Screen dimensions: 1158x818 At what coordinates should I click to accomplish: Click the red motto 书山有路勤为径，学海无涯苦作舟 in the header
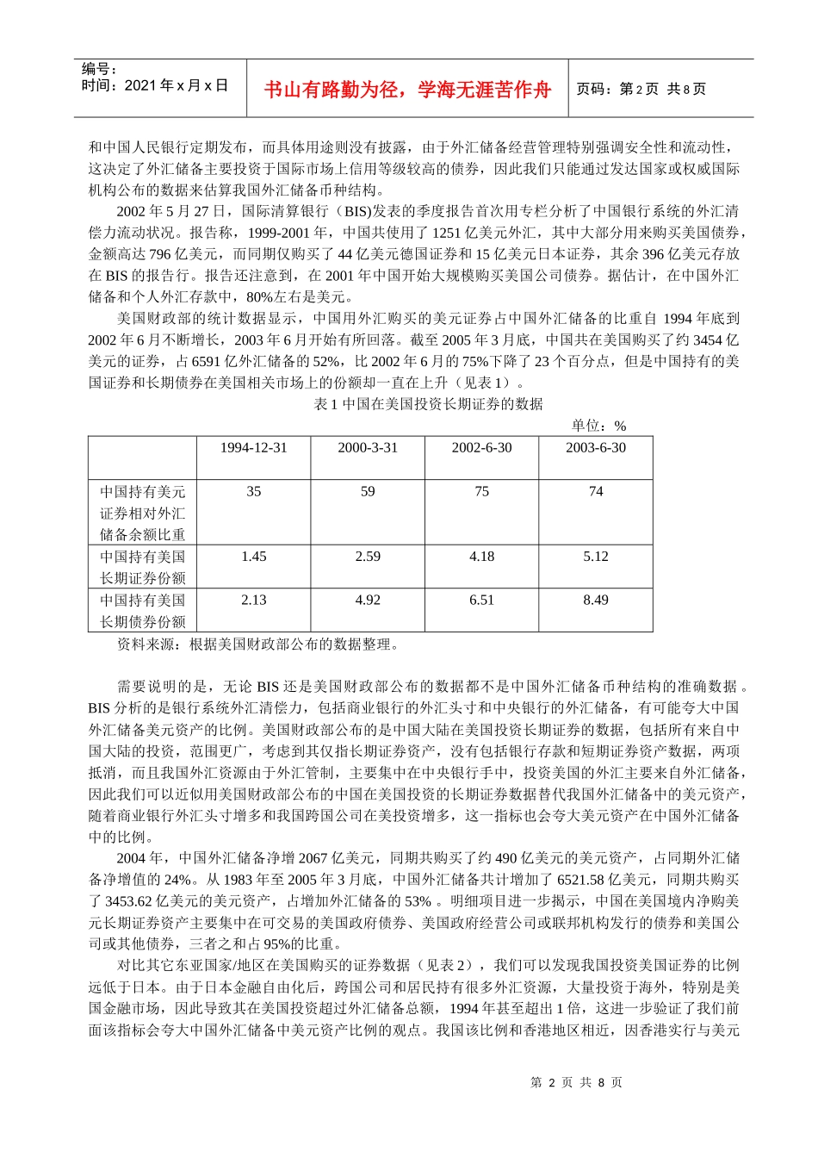[x=406, y=90]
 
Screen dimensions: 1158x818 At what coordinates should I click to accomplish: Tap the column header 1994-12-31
[x=253, y=448]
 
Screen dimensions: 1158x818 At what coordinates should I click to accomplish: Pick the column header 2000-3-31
[x=368, y=448]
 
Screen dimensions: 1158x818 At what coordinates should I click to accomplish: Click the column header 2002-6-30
[x=481, y=448]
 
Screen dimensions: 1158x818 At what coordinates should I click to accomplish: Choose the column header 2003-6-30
[x=596, y=448]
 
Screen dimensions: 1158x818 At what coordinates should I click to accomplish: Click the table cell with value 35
[x=253, y=492]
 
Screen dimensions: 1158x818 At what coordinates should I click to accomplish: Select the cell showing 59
[x=368, y=492]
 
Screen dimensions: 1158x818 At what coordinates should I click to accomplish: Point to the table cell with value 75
[x=481, y=492]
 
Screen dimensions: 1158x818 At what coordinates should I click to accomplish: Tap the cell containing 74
[x=596, y=492]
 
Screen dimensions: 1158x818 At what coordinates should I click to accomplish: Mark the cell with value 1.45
[x=253, y=557]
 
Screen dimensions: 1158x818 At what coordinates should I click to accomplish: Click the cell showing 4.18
[x=481, y=557]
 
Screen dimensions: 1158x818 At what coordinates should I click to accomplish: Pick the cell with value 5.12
[x=596, y=557]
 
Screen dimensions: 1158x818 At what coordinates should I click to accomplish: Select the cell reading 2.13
[x=253, y=601]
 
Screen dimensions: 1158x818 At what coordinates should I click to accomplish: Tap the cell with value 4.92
[x=368, y=601]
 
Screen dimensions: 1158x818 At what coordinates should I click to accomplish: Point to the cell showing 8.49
[x=596, y=601]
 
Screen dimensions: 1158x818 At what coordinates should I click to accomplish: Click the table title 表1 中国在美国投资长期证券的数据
[x=429, y=404]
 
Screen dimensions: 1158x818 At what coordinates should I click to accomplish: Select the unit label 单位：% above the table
[x=598, y=426]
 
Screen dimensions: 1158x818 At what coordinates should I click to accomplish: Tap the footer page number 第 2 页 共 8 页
[x=577, y=1083]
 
